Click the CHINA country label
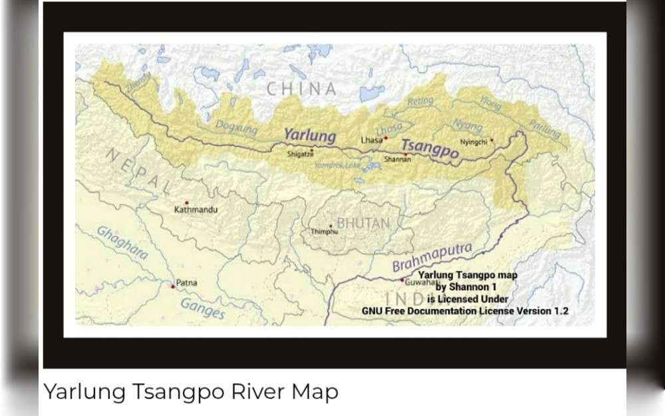click(301, 89)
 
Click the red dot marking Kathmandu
click(187, 202)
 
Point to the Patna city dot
click(173, 286)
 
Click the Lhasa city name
click(371, 140)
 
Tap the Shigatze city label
click(299, 154)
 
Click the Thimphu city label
click(325, 232)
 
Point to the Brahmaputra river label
click(432, 258)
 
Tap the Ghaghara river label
click(122, 242)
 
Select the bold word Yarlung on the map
click(310, 135)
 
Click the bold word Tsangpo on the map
click(430, 150)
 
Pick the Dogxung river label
click(235, 126)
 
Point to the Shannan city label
click(398, 160)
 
